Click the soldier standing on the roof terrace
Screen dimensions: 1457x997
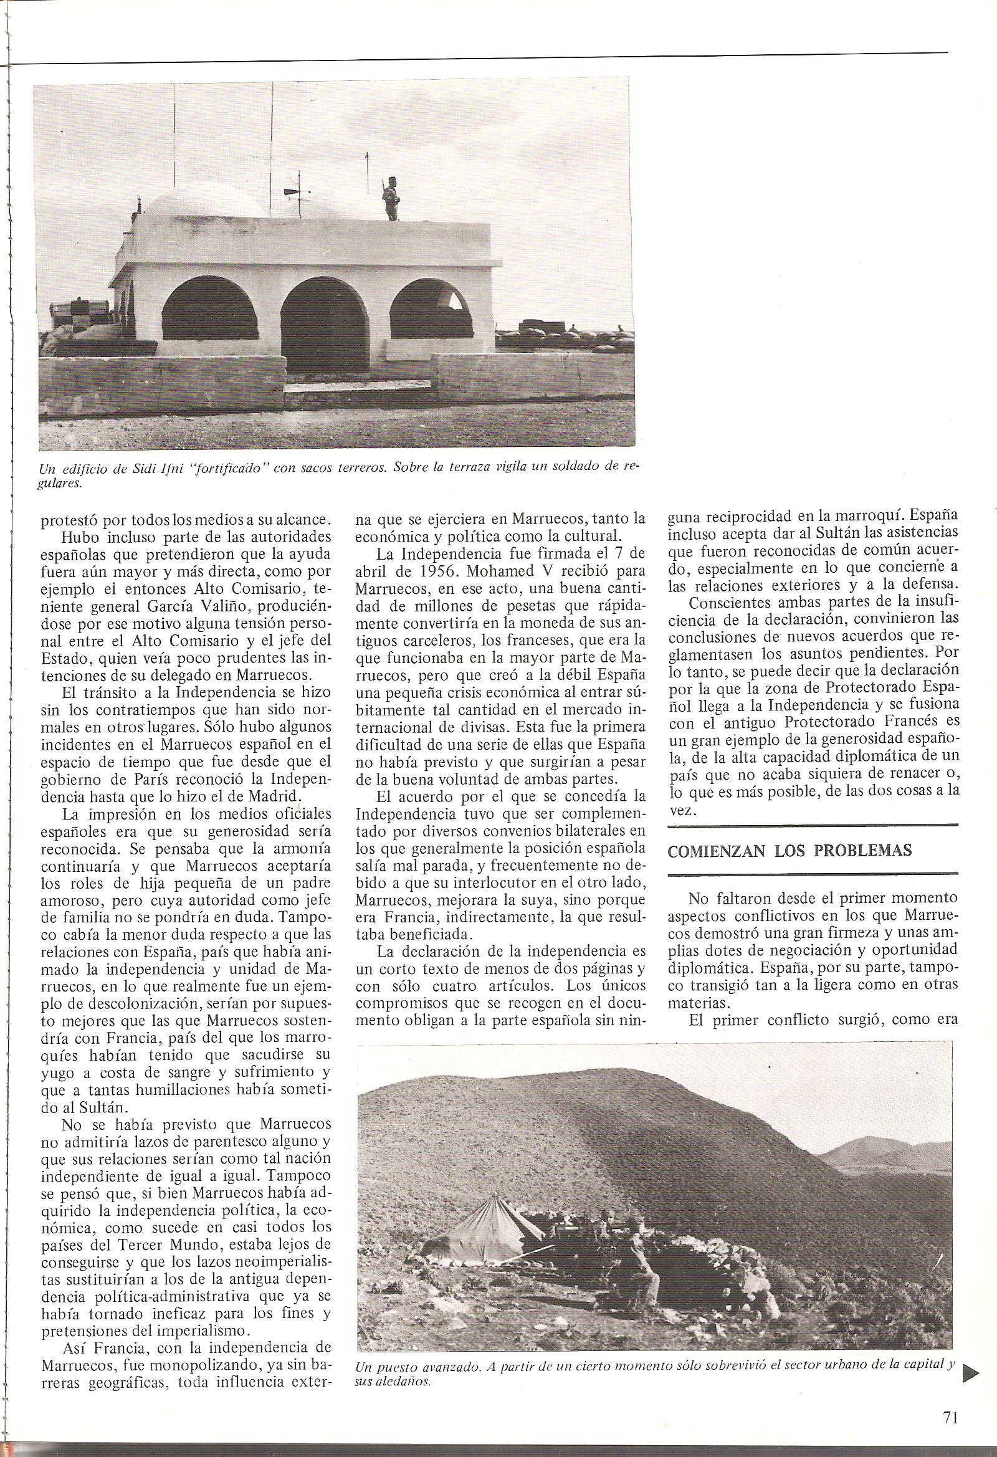[390, 198]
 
